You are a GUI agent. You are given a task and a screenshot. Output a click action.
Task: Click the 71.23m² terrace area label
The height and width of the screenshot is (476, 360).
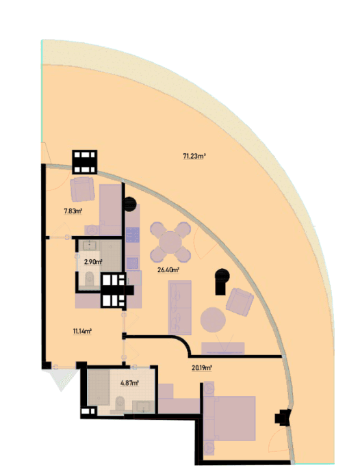click(194, 157)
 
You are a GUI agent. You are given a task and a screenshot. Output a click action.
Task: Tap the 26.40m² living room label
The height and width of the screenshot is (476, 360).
click(168, 270)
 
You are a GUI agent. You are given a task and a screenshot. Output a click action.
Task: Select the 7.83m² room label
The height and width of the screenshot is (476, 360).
click(73, 211)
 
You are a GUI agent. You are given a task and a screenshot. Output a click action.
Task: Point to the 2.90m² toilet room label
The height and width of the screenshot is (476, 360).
click(93, 261)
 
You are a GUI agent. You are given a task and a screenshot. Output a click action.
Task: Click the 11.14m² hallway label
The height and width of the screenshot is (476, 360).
click(82, 331)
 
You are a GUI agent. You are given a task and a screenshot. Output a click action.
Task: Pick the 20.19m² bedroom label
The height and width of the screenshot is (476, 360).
click(202, 368)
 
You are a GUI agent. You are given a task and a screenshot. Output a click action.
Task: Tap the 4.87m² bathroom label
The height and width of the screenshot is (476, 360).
click(130, 383)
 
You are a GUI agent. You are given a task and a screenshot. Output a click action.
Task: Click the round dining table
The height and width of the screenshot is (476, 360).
click(170, 242)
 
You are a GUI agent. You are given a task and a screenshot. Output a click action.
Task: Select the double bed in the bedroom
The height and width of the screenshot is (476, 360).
click(229, 419)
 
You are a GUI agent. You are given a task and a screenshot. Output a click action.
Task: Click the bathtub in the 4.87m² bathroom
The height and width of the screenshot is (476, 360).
click(99, 387)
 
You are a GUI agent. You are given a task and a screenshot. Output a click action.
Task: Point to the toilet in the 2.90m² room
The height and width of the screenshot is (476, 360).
click(90, 279)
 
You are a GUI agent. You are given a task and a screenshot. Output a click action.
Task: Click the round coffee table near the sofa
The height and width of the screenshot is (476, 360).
click(213, 319)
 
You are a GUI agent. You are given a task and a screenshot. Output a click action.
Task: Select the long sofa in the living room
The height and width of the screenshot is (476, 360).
click(180, 308)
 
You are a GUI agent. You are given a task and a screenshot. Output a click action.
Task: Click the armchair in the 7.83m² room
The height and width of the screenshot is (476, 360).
click(82, 189)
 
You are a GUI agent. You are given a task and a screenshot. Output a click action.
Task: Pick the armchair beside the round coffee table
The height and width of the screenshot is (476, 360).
click(240, 302)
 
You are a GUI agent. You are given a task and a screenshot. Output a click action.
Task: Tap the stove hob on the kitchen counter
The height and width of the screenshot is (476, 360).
click(133, 235)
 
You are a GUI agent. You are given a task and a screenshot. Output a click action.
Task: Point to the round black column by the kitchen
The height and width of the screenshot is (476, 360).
click(130, 204)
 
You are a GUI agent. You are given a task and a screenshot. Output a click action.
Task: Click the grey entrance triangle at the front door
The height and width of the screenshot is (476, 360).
click(62, 379)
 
